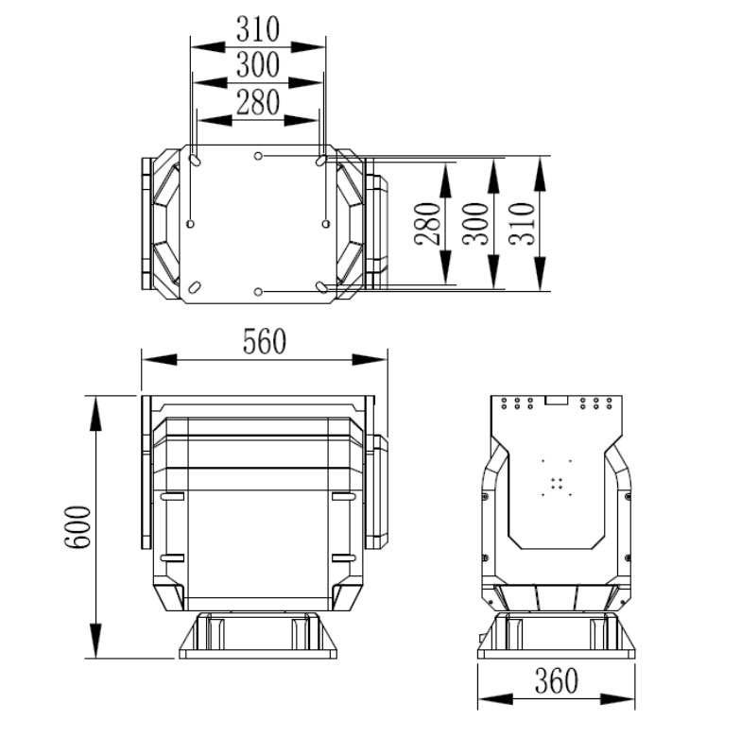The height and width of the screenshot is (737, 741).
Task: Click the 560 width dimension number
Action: click(x=264, y=341)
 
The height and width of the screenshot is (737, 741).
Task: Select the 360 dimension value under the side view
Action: click(x=555, y=680)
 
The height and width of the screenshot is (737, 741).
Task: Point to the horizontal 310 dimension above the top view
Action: click(x=258, y=29)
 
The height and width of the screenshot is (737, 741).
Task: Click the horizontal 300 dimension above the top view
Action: click(x=258, y=65)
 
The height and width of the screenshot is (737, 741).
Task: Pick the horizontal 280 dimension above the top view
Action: click(x=258, y=101)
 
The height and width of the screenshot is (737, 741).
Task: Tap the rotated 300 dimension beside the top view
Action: click(x=475, y=223)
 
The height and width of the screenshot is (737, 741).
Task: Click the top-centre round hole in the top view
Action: click(x=259, y=155)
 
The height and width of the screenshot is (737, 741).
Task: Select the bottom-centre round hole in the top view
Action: click(x=259, y=291)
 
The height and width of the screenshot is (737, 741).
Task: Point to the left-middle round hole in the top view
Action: click(x=191, y=224)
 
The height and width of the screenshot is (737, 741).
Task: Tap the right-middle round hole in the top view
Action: click(x=326, y=224)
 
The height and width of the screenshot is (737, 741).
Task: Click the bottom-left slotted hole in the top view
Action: click(x=194, y=286)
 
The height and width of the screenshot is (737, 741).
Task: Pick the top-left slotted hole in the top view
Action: click(x=194, y=161)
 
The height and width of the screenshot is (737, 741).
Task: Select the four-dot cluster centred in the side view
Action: click(x=557, y=483)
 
